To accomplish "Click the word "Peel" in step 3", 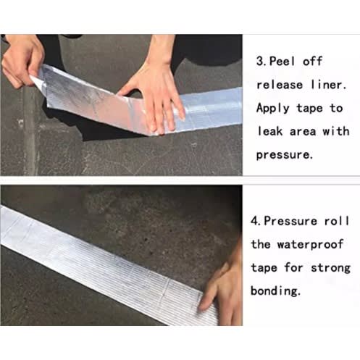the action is tap(282, 61).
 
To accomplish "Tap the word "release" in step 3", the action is tap(280, 85).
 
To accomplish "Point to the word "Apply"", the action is tap(273, 109).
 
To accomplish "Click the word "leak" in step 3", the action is tap(269, 132).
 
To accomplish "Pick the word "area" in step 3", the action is tap(303, 132).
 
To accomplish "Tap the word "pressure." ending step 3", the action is tap(284, 155).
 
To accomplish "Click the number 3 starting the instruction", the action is tap(261, 61).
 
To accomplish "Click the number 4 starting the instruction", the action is tap(255, 221).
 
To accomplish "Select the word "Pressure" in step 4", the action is tap(290, 221).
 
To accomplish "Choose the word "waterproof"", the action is tap(310, 244).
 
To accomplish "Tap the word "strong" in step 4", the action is tap(330, 268).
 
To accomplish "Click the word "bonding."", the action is tap(275, 290).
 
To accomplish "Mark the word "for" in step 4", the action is tap(293, 267).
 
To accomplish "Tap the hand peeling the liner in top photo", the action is tap(22, 60).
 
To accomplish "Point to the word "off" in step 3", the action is tap(312, 61).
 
